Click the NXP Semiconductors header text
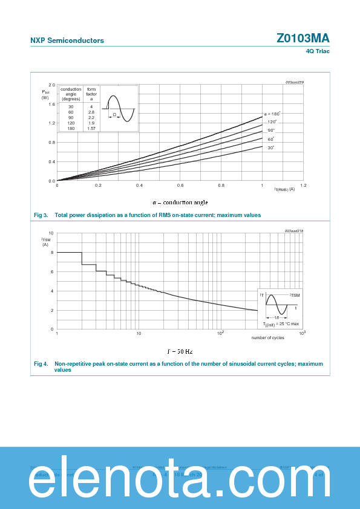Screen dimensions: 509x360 (x=67, y=41)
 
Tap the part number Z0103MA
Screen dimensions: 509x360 (x=303, y=38)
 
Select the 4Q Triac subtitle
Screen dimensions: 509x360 (x=318, y=51)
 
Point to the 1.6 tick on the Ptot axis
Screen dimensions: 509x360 (x=52, y=104)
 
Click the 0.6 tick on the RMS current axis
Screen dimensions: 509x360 (x=180, y=186)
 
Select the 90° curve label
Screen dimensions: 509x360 (x=271, y=131)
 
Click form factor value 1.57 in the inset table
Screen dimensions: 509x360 (x=91, y=128)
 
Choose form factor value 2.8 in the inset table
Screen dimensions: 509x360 (x=91, y=112)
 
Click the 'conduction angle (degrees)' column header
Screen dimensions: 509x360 (x=71, y=94)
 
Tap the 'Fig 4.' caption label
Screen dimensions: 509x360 (x=41, y=364)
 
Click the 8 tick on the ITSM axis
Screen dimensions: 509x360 (x=52, y=252)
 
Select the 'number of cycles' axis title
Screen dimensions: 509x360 (x=268, y=337)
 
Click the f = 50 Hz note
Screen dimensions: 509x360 (x=180, y=351)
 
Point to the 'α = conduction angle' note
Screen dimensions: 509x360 (x=180, y=202)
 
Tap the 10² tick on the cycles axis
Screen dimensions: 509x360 (x=220, y=333)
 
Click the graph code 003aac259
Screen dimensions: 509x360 (x=295, y=82)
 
